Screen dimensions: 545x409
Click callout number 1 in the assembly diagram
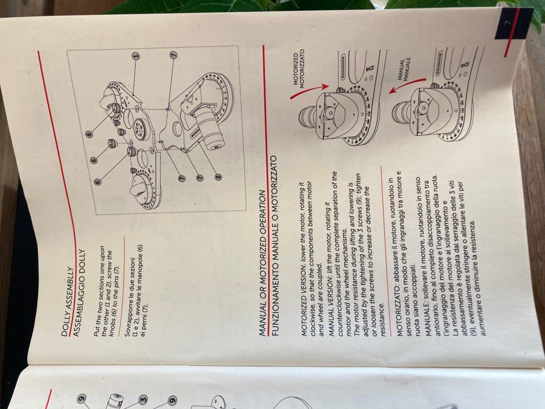point(136,56)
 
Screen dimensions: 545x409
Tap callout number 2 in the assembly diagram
point(218,177)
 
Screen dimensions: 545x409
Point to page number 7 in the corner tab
point(507,23)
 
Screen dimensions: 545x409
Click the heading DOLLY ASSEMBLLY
point(67,302)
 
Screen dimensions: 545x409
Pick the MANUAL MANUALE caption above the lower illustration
point(405,69)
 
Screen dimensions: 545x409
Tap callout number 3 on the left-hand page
point(143,399)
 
